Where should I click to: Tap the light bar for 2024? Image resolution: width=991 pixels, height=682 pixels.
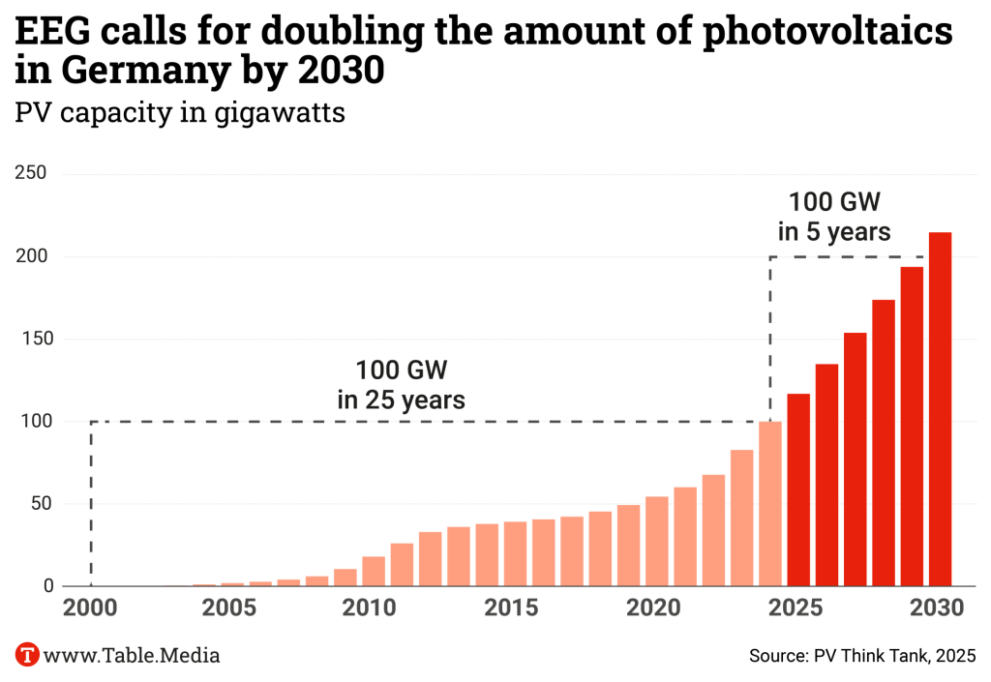[x=770, y=503]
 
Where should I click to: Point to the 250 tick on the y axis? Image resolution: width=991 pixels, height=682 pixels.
[x=33, y=174]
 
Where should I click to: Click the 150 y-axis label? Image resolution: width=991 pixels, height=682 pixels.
[x=33, y=340]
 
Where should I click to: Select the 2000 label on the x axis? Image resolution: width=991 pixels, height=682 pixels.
[x=91, y=609]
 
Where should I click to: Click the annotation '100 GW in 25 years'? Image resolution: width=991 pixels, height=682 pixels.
[x=402, y=384]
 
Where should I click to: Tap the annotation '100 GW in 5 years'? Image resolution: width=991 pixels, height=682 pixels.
[x=834, y=217]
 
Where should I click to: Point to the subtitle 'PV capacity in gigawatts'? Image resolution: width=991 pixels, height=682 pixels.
[x=180, y=113]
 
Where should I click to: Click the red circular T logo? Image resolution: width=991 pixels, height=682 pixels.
[x=28, y=655]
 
